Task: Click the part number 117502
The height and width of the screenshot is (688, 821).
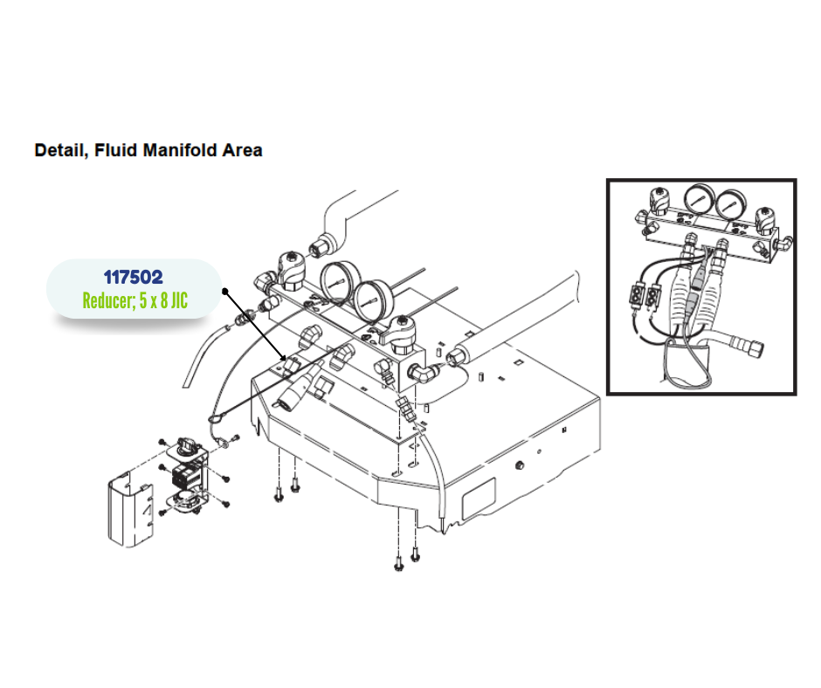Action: tap(133, 278)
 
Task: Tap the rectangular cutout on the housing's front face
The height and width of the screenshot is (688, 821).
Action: tap(477, 499)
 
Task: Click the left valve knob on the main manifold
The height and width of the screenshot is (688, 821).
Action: tap(287, 265)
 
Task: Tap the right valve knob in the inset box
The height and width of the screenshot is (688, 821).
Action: tap(766, 217)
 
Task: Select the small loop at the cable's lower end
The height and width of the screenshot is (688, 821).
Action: tap(214, 424)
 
